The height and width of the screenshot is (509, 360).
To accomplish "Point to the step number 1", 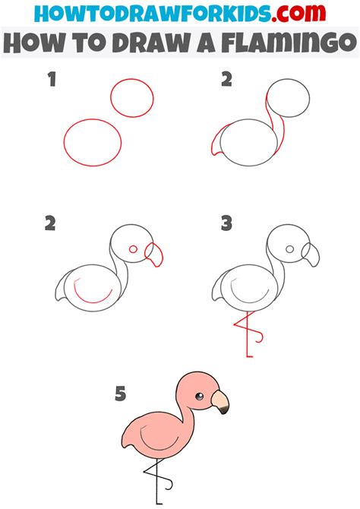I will click(52, 79).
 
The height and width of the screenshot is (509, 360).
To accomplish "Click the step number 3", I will click(226, 223).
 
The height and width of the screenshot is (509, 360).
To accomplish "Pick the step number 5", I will click(119, 394).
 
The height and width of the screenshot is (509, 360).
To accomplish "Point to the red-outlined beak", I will click(155, 253).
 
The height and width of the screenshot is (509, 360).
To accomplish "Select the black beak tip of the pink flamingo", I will click(223, 410).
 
